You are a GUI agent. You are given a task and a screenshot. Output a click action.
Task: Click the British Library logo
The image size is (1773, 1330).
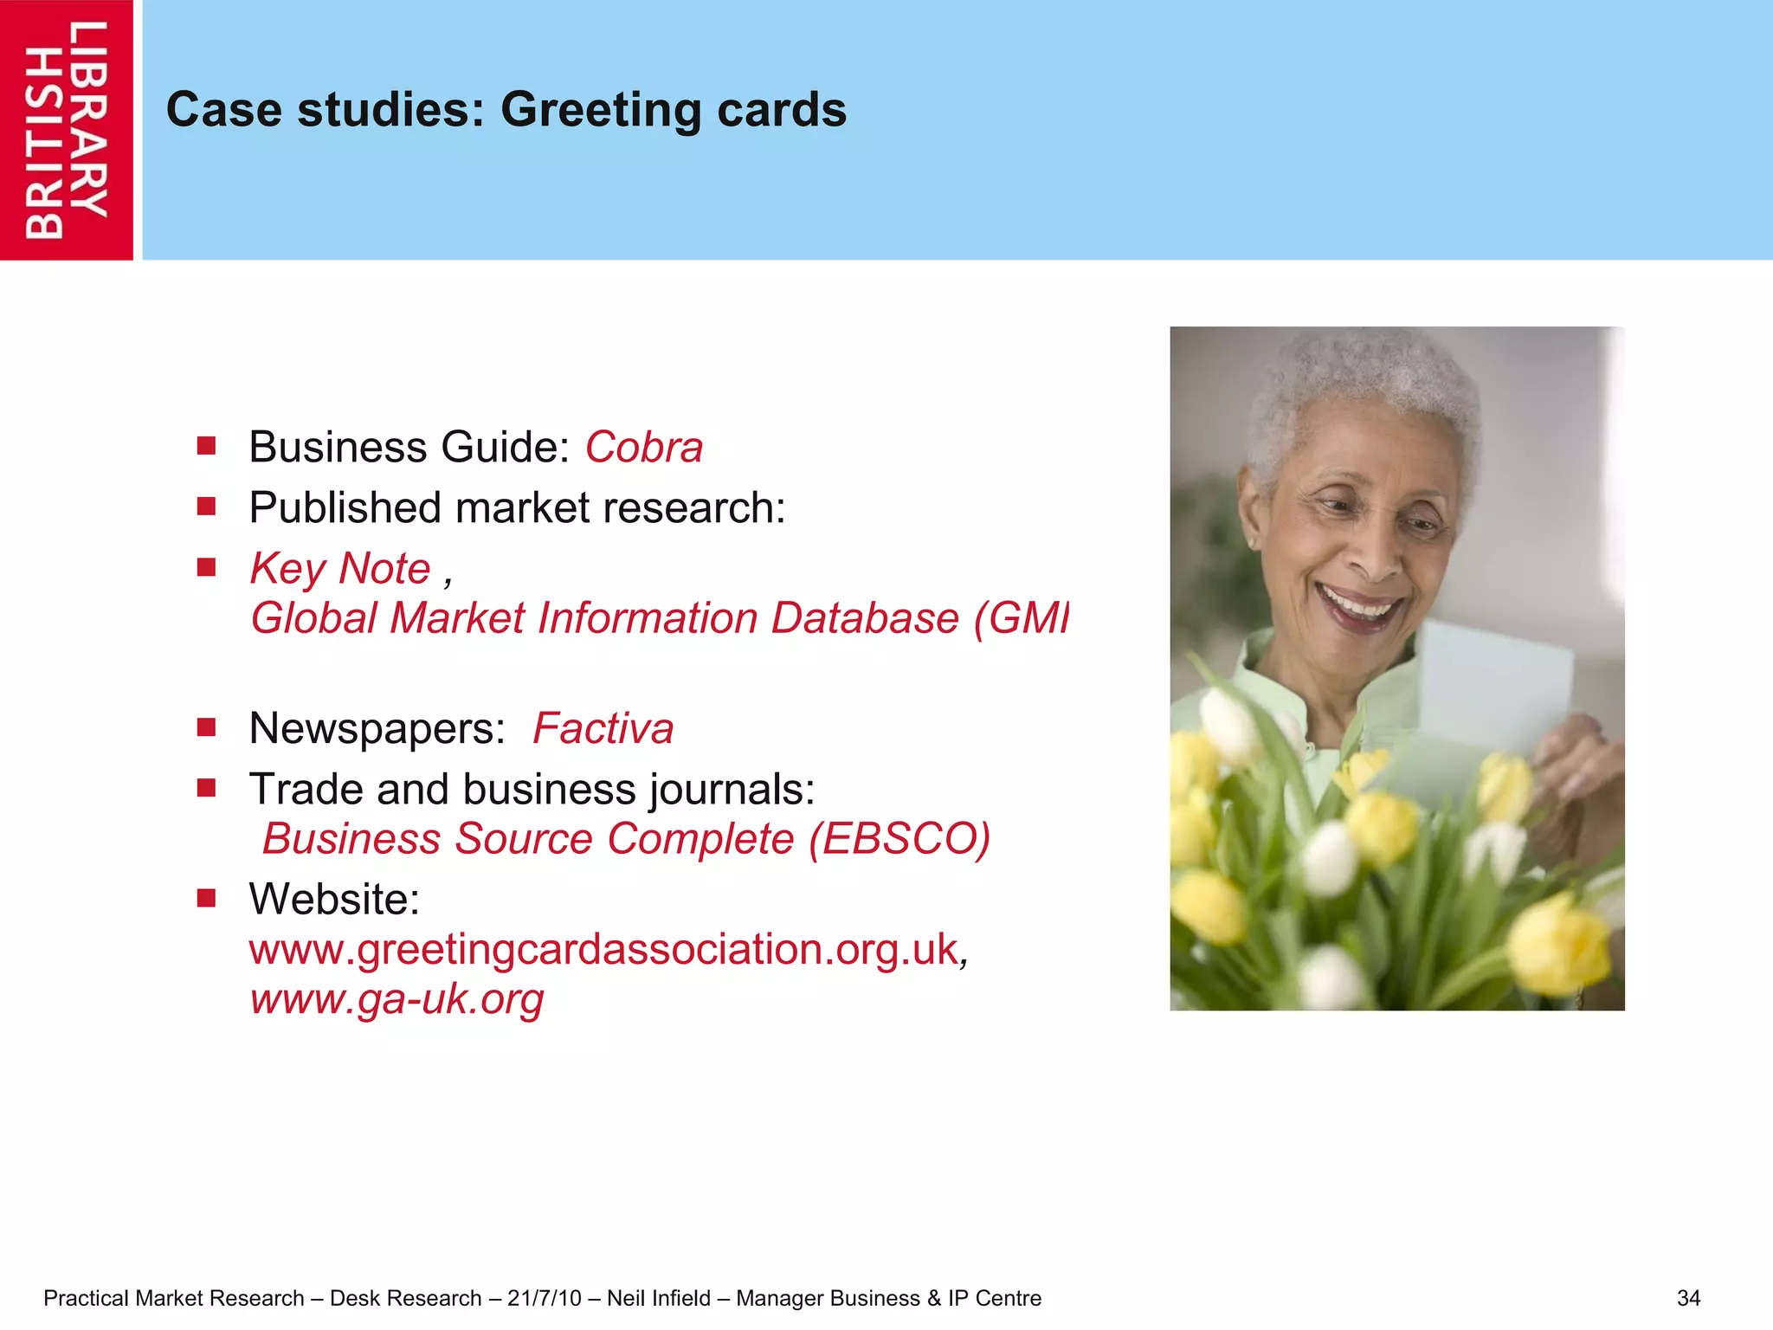[67, 130]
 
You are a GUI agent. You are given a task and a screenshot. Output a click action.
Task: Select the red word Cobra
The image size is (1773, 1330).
[644, 448]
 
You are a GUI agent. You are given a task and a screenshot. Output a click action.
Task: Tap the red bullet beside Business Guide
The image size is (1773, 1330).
[206, 446]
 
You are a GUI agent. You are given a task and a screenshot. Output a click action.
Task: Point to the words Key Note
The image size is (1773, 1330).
[340, 569]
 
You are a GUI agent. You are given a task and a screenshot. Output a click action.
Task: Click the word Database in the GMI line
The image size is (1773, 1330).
[864, 618]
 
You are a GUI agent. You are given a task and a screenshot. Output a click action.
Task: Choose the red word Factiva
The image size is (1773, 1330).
[603, 728]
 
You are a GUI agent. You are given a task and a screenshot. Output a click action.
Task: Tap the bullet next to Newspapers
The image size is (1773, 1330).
[206, 727]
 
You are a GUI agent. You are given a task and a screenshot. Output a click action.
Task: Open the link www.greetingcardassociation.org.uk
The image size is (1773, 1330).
[603, 949]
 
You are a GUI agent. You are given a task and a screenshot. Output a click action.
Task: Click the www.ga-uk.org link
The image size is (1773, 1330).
[397, 998]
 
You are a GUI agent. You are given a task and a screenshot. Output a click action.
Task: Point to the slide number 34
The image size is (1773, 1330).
[1688, 1298]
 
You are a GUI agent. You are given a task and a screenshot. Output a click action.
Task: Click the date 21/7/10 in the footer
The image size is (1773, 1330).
[545, 1298]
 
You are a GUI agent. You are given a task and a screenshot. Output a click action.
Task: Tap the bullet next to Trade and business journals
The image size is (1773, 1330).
[206, 788]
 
